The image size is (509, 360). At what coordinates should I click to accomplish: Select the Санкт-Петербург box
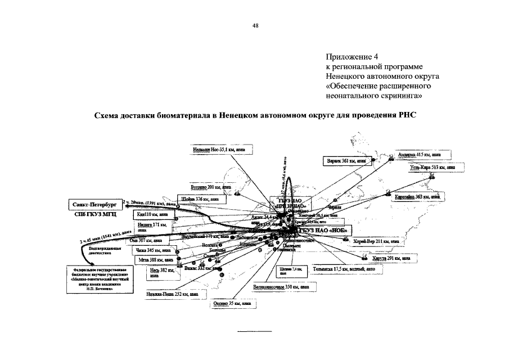[94, 204]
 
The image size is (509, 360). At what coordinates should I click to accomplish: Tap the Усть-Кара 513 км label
[432, 167]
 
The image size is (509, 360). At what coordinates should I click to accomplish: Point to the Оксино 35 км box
[231, 304]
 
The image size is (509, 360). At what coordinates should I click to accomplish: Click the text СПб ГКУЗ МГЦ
[93, 214]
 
